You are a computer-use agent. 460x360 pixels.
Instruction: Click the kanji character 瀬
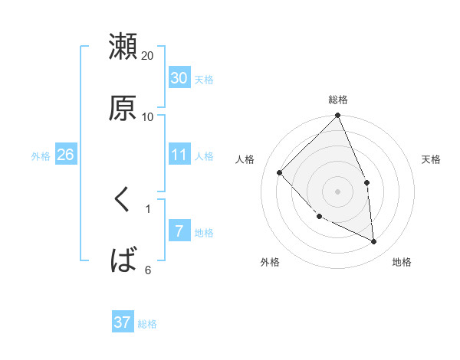(123, 47)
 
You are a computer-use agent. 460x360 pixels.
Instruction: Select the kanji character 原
(123, 108)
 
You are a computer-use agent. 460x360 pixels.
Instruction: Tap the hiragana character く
(122, 201)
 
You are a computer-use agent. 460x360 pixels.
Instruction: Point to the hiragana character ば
(123, 261)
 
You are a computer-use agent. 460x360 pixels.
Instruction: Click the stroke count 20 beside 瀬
(148, 55)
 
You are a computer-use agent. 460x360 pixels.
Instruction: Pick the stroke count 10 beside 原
(148, 116)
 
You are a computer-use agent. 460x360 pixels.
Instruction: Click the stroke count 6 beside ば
(148, 270)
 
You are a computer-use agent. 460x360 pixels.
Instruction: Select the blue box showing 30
(179, 78)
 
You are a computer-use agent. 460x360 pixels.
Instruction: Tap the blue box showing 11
(179, 155)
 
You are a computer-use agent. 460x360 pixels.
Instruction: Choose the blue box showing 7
(179, 231)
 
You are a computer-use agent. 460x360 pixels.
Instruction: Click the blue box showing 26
(65, 155)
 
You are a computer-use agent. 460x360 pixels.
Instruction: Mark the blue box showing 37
(123, 322)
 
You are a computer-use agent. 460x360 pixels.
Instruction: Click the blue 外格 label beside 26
(41, 155)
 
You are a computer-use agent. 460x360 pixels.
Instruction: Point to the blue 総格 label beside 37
(147, 324)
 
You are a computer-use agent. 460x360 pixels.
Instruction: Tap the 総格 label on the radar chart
(338, 100)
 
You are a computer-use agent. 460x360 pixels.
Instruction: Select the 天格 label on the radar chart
(431, 159)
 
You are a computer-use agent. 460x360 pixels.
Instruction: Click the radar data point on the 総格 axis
(338, 116)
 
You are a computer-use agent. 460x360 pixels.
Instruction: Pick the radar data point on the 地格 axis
(373, 241)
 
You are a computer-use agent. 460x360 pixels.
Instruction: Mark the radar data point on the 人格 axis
(280, 172)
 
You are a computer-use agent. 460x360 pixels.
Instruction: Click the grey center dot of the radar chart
(338, 191)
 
